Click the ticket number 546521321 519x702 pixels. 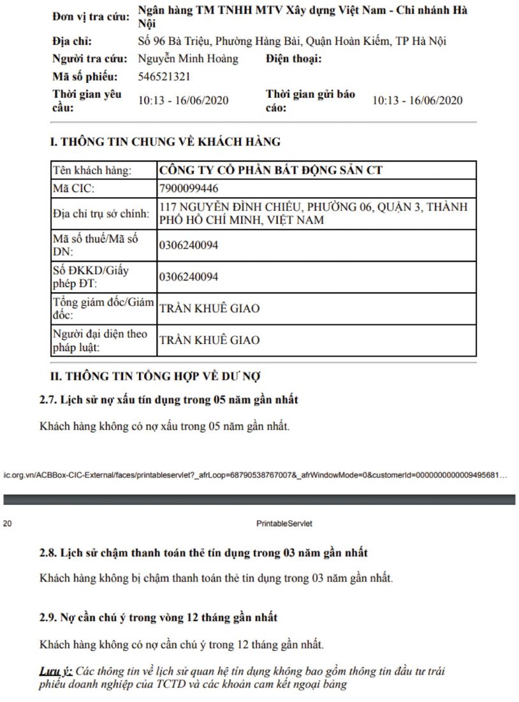pyautogui.click(x=164, y=77)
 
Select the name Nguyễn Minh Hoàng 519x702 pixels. pyautogui.click(x=187, y=59)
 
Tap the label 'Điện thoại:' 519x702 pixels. pyautogui.click(x=294, y=59)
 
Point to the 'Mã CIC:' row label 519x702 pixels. pyautogui.click(x=74, y=189)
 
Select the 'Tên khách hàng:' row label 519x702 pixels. pyautogui.click(x=92, y=170)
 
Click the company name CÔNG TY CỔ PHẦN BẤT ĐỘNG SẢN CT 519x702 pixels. pyautogui.click(x=270, y=170)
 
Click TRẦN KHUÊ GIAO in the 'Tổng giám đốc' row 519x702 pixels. pyautogui.click(x=209, y=309)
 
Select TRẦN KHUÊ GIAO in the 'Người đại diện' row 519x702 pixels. pyautogui.click(x=209, y=340)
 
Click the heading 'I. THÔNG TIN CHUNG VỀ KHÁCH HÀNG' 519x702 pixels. pyautogui.click(x=165, y=142)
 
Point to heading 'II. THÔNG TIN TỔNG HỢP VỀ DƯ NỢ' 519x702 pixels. pyautogui.click(x=155, y=377)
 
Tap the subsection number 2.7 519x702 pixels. pyautogui.click(x=48, y=400)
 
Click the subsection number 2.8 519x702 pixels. pyautogui.click(x=48, y=552)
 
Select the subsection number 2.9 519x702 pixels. pyautogui.click(x=48, y=618)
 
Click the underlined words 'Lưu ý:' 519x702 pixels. pyautogui.click(x=55, y=672)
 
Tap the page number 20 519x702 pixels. pyautogui.click(x=8, y=524)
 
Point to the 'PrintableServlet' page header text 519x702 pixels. pyautogui.click(x=284, y=524)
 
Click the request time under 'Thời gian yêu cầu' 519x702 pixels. pyautogui.click(x=183, y=101)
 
